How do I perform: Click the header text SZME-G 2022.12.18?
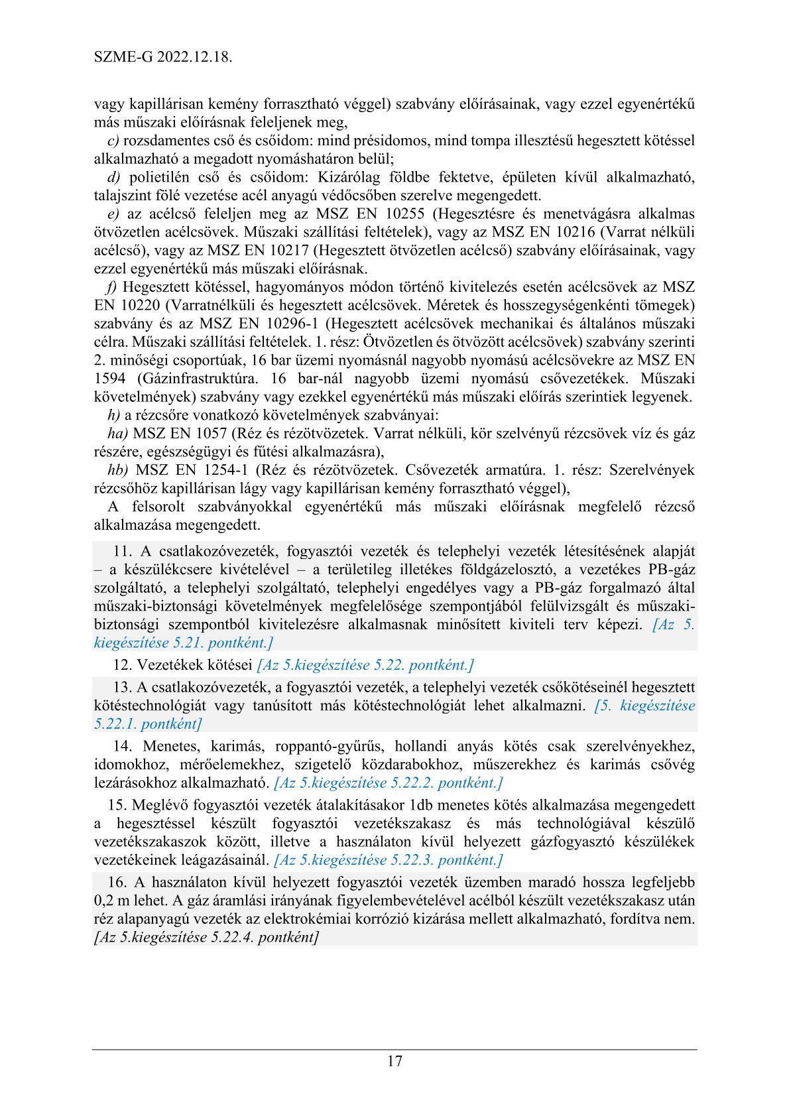162,57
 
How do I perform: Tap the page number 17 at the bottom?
394,1061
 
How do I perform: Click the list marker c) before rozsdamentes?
113,141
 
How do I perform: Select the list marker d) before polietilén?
113,177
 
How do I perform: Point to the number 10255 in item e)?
404,214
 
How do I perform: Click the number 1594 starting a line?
109,379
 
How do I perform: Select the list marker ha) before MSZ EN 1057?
117,434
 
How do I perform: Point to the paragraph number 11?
123,551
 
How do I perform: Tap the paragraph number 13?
123,688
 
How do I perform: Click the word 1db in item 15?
422,806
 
